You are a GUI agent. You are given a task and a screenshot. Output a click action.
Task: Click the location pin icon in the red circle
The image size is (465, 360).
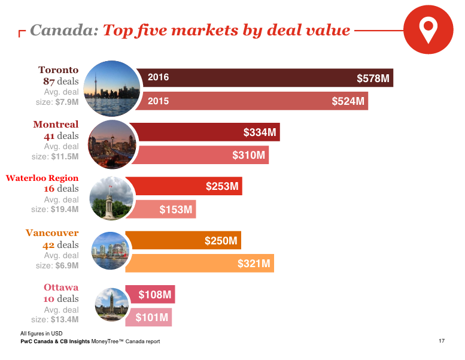coord(427,30)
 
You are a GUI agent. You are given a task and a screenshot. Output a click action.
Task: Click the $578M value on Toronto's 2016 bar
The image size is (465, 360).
coord(373,78)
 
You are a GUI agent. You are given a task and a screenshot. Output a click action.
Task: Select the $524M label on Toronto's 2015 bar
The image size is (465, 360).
coord(348,101)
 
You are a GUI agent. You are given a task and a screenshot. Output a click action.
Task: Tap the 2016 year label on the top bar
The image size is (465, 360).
coord(159,77)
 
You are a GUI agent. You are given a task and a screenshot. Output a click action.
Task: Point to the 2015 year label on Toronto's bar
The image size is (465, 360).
coord(159,101)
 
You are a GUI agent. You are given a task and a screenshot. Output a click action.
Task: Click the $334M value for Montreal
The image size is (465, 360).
coord(260,132)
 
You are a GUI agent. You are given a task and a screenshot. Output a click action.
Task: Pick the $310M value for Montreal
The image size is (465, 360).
coord(249,155)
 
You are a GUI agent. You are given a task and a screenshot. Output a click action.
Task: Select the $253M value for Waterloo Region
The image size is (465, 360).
coord(223,186)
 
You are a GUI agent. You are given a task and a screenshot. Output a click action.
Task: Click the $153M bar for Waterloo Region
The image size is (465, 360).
coord(175,209)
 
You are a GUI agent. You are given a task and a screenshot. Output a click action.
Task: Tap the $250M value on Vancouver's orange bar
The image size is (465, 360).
coord(221,241)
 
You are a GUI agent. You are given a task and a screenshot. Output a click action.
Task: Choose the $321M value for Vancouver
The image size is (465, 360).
coord(254,263)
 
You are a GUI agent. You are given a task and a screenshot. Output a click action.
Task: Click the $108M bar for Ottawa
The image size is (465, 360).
coord(155,294)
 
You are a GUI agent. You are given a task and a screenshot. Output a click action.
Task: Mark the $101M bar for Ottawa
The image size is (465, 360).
coord(152,317)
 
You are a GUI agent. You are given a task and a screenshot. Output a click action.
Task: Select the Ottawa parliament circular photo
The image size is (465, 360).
coord(111,304)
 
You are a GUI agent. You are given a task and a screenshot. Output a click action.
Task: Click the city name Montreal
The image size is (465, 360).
coord(56,125)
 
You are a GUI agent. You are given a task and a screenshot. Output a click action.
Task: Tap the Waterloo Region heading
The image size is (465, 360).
coord(42,178)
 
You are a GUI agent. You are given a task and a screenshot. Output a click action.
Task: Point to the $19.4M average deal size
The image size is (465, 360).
coord(65,210)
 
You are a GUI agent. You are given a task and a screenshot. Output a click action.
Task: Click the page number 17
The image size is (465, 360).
coord(441,341)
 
